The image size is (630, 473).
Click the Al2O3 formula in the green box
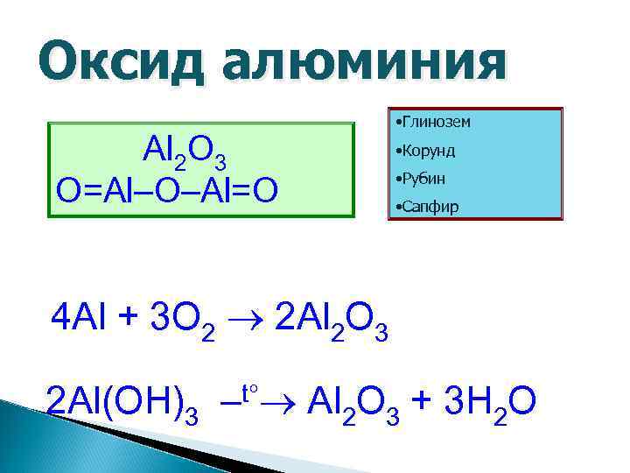click(185, 156)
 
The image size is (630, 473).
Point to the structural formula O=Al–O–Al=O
click(167, 190)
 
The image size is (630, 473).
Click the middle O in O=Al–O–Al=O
click(168, 190)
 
